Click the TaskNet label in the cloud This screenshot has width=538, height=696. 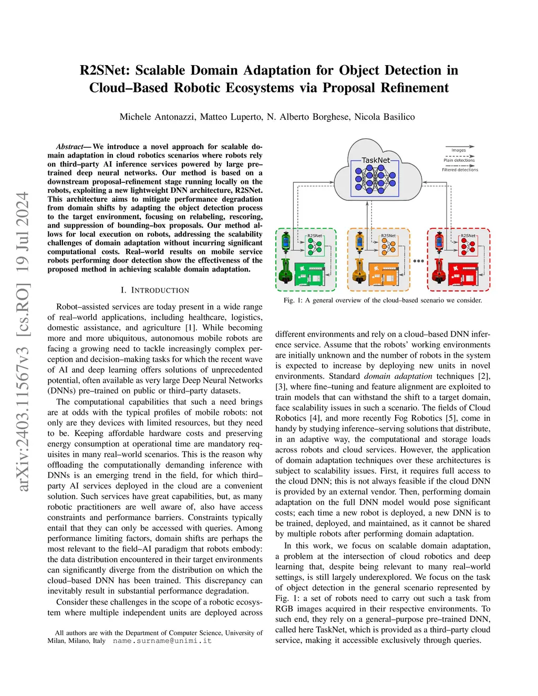(x=376, y=160)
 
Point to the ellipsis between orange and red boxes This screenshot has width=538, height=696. (x=418, y=261)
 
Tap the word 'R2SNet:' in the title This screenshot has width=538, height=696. (x=104, y=70)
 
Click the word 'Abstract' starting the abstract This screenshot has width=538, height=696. (x=70, y=147)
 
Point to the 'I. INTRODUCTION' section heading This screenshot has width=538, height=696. (x=155, y=290)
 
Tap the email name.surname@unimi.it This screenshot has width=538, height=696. (x=162, y=641)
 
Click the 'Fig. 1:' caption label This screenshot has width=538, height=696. (x=293, y=300)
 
